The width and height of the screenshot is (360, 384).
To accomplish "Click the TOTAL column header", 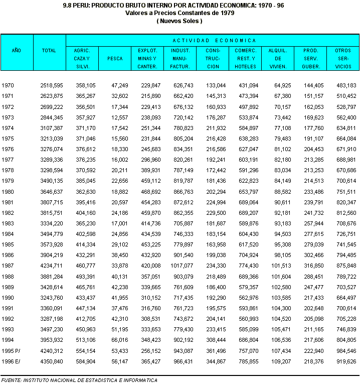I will coord(49,51).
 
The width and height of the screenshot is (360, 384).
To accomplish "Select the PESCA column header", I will coord(115,58).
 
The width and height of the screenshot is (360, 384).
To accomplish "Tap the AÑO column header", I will coord(17,51).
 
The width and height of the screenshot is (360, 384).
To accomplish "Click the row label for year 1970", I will coord(9,86).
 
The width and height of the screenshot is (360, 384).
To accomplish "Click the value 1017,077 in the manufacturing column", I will coord(182,266).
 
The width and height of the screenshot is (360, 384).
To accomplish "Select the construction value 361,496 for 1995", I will coord(216,351).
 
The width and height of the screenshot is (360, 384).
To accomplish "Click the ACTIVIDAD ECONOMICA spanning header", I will coord(214,40).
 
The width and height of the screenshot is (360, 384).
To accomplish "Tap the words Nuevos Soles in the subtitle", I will coord(179,21).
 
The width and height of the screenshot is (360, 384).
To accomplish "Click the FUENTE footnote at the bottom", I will coord(79,380).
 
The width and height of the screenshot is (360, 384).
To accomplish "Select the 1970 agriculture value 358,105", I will coord(85,86).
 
